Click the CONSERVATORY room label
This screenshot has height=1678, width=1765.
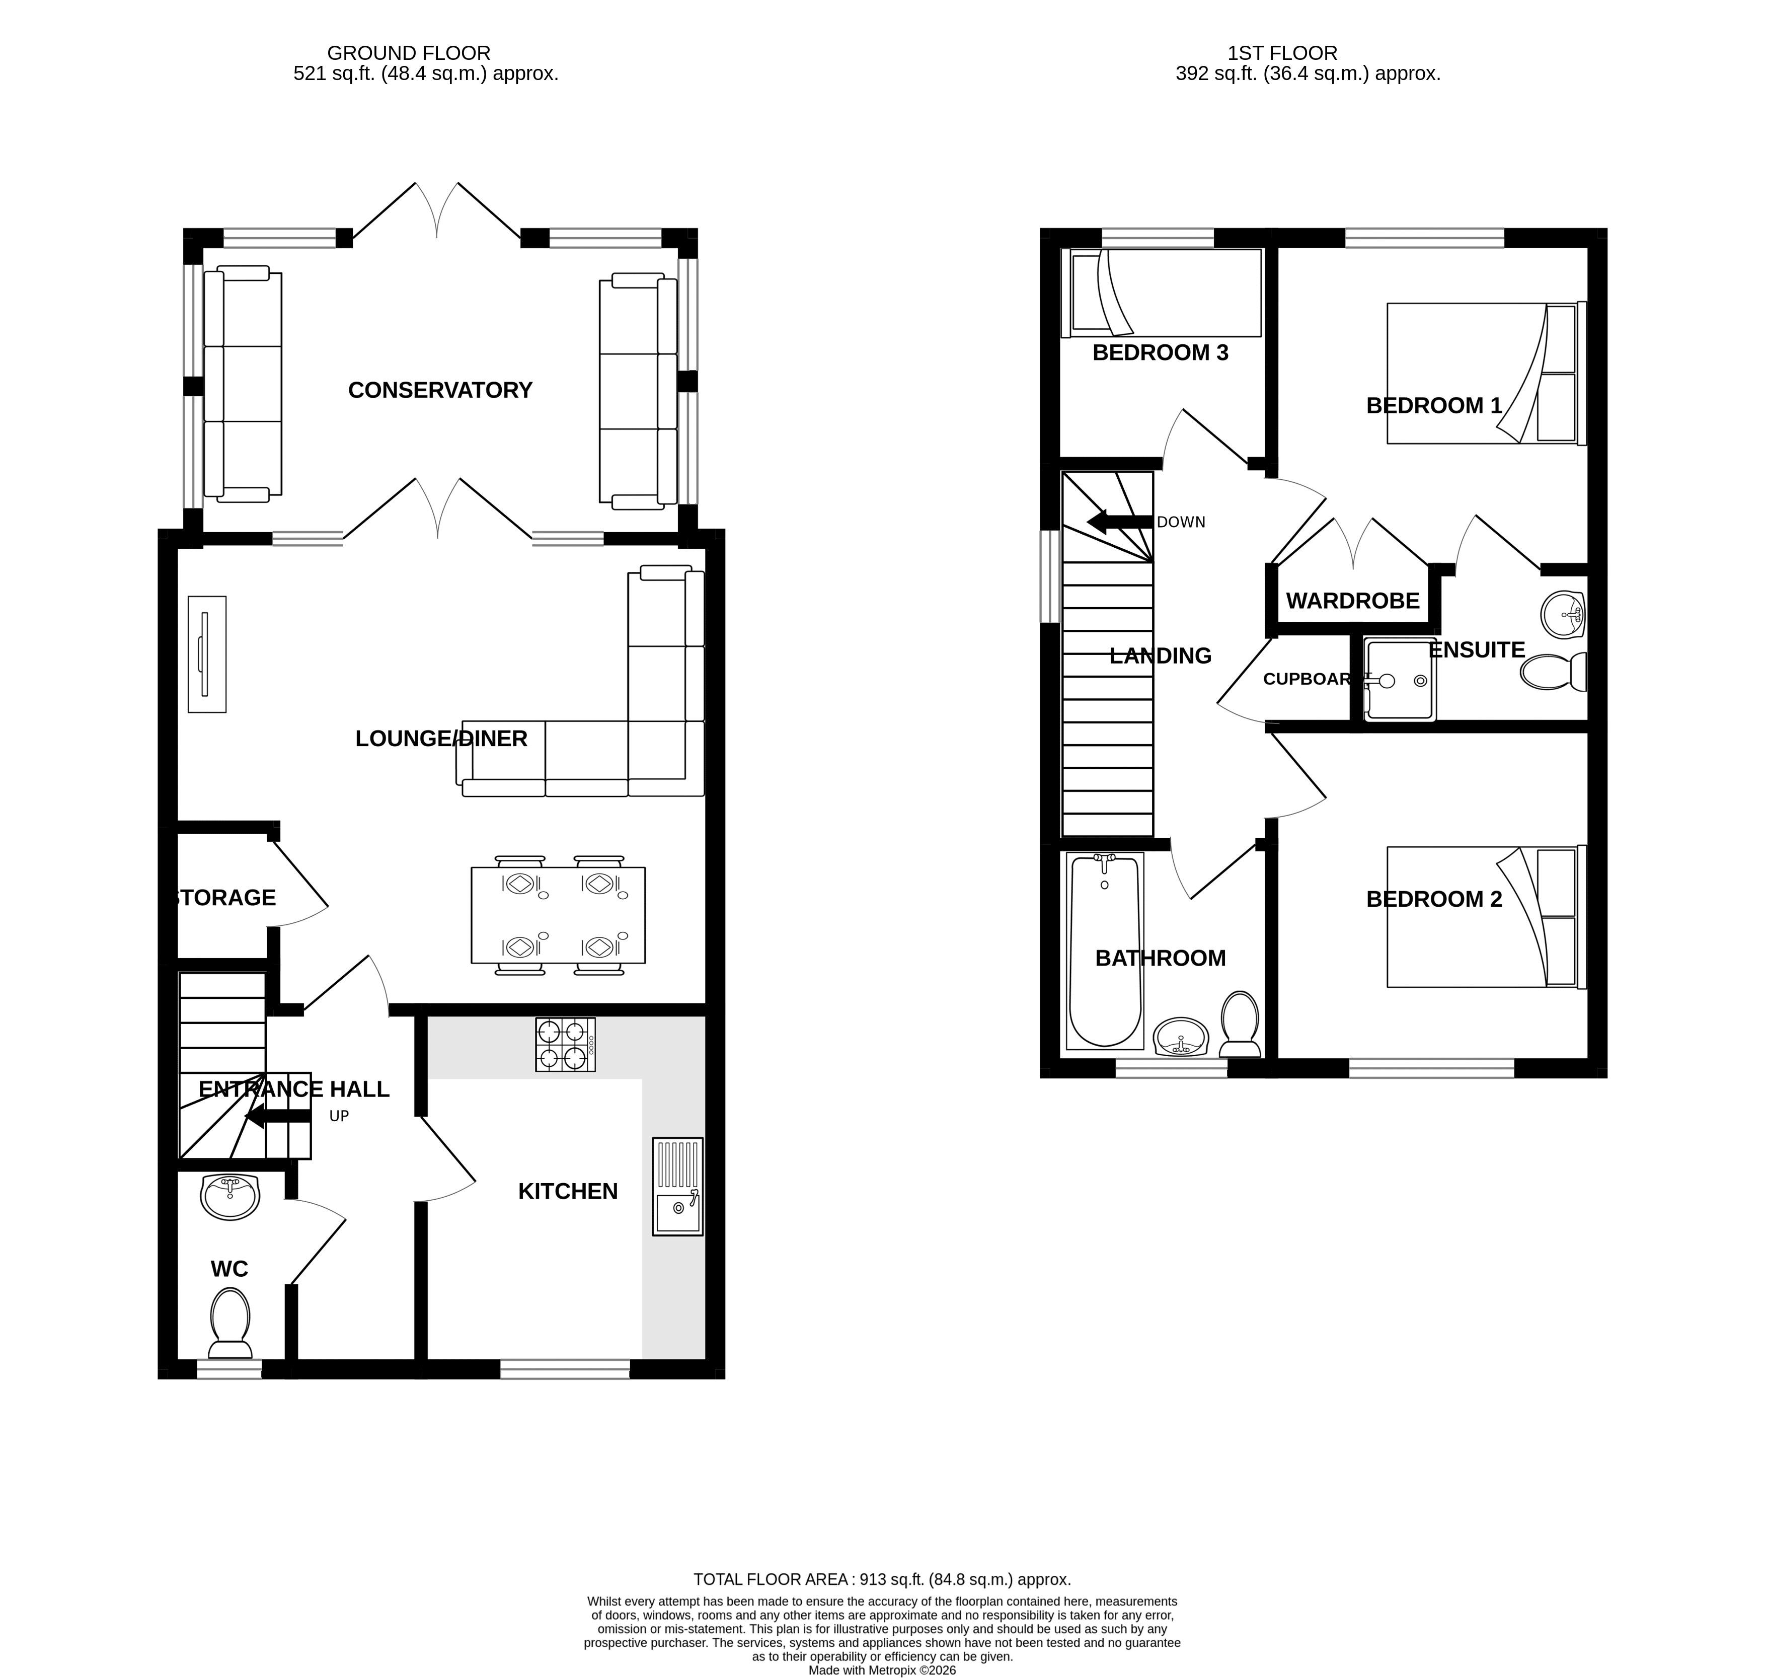(440, 390)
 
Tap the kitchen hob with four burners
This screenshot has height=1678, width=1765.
(565, 1045)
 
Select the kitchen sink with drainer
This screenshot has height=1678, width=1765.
(678, 1186)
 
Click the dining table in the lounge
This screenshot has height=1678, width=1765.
(558, 915)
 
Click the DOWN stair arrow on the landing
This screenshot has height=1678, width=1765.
(1119, 523)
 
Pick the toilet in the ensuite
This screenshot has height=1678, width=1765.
(1553, 672)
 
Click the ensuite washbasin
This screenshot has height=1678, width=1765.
(1564, 615)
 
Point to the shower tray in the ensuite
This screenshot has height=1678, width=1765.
(1399, 680)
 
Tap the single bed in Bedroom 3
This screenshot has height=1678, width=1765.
(1161, 294)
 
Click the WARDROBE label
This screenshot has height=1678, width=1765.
(1353, 601)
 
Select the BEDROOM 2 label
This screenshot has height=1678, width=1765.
(1434, 899)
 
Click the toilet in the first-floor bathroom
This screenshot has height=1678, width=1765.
(1240, 1023)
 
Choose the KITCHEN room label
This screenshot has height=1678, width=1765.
(568, 1192)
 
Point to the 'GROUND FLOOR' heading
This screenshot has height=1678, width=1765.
(409, 54)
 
